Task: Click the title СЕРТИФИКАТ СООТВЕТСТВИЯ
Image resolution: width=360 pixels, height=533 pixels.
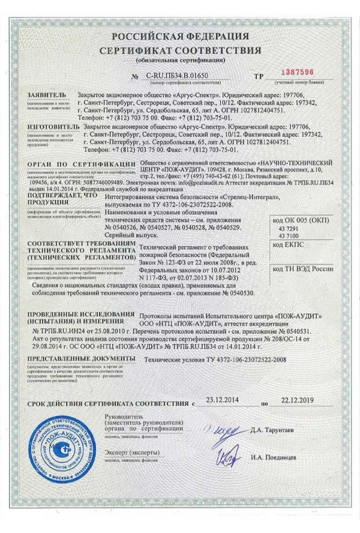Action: point(180,49)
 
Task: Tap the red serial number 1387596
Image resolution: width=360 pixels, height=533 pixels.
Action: point(297,72)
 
